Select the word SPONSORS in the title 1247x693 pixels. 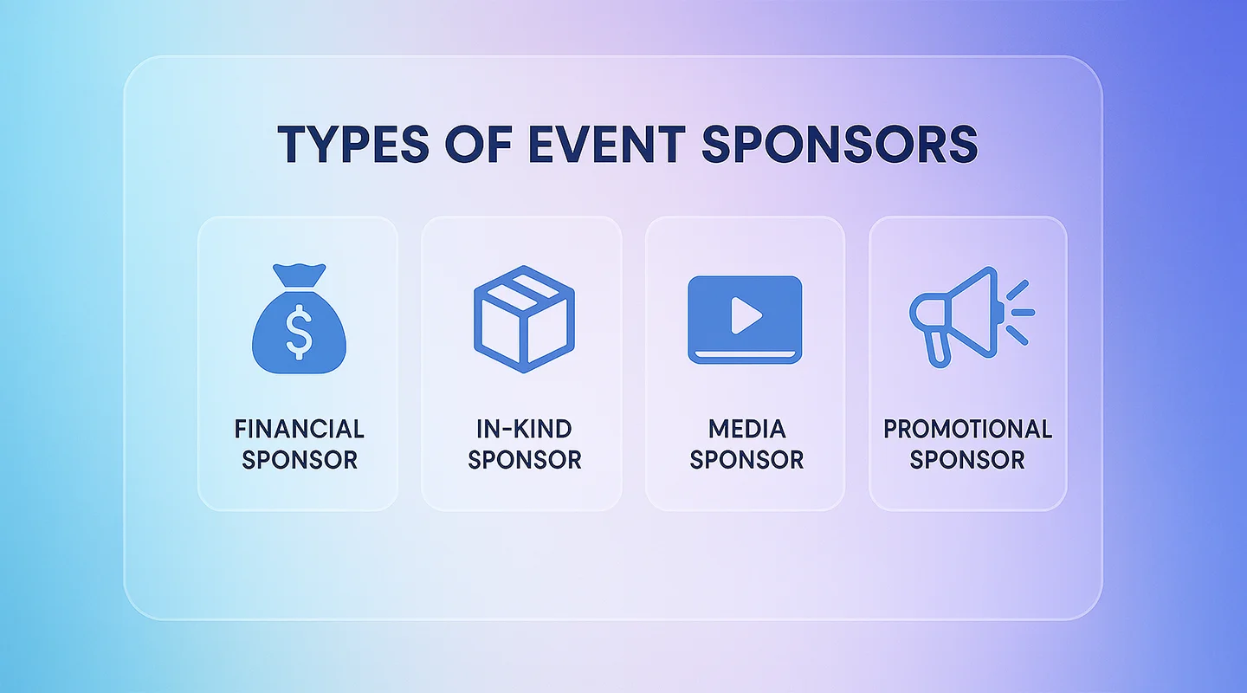(x=840, y=145)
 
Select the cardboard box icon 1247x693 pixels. (x=524, y=320)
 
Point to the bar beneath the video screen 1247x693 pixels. (x=745, y=356)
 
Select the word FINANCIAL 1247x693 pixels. (x=300, y=429)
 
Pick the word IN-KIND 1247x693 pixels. (x=524, y=429)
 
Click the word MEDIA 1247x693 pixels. (x=746, y=429)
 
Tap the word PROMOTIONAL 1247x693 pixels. (x=967, y=429)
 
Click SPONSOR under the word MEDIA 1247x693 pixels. (x=746, y=459)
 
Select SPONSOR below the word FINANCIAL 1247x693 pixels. (x=300, y=459)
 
